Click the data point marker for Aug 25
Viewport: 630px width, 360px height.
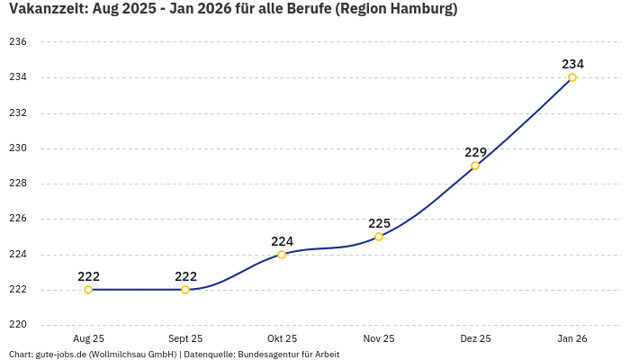pos(88,290)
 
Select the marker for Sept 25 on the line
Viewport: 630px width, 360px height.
pos(185,290)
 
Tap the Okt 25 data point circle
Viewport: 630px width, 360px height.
pos(282,255)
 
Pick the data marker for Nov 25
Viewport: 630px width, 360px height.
pos(379,237)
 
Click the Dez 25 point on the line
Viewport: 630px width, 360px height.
pos(475,166)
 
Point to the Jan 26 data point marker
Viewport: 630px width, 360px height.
pos(572,77)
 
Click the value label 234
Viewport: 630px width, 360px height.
pos(572,64)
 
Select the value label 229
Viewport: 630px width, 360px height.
pos(475,152)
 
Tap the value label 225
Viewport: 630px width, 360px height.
pos(379,223)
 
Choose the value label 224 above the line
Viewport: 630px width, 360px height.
pos(282,241)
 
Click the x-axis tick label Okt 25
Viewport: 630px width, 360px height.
pos(282,338)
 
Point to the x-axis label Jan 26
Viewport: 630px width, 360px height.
pos(572,338)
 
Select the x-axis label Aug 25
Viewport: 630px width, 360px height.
pos(88,338)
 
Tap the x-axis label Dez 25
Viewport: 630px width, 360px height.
pos(475,338)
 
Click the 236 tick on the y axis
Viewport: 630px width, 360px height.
pos(18,42)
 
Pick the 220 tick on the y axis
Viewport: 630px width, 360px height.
pos(18,325)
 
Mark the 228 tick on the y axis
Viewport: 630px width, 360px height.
pos(18,184)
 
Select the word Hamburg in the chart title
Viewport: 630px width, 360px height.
pos(419,10)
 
